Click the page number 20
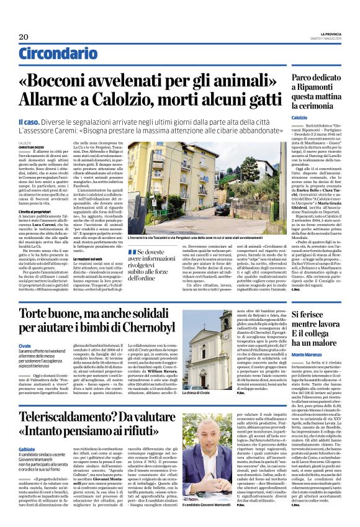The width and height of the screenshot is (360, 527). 24,37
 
